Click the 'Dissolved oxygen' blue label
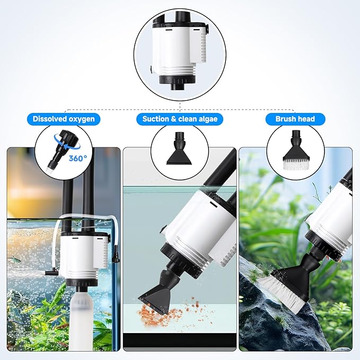(64, 119)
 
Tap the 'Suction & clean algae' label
(179, 119)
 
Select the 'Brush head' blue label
(295, 119)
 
